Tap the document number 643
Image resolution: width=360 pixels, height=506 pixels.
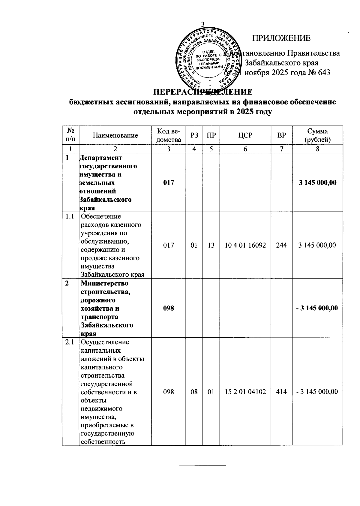pyautogui.click(x=324, y=73)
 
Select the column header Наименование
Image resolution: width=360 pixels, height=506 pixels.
pyautogui.click(x=115, y=135)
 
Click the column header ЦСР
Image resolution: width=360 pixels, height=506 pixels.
pyautogui.click(x=245, y=135)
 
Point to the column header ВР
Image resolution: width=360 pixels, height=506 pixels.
pyautogui.click(x=281, y=135)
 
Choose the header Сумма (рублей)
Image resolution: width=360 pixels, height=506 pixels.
pyautogui.click(x=317, y=135)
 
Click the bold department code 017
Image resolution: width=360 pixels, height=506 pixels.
pyautogui.click(x=169, y=182)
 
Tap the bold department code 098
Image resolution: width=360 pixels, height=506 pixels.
pyautogui.click(x=169, y=308)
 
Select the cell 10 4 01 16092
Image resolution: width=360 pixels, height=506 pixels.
pyautogui.click(x=245, y=245)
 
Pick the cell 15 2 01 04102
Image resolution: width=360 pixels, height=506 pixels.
pyautogui.click(x=245, y=392)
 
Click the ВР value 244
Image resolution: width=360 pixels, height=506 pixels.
pyautogui.click(x=281, y=245)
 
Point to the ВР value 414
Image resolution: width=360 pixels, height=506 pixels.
pyautogui.click(x=281, y=392)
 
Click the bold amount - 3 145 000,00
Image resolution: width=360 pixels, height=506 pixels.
pyautogui.click(x=317, y=308)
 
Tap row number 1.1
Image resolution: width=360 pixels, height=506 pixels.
pyautogui.click(x=70, y=216)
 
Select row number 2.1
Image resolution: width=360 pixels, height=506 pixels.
pyautogui.click(x=70, y=342)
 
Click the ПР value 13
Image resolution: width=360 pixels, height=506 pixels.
pyautogui.click(x=211, y=245)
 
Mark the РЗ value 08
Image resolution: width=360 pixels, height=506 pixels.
pyautogui.click(x=194, y=392)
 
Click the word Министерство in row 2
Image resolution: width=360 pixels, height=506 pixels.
pyautogui.click(x=104, y=283)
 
